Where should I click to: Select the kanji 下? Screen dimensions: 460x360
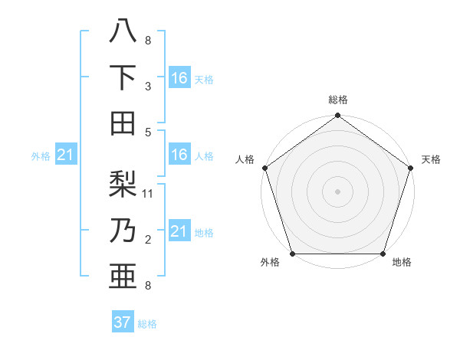123,77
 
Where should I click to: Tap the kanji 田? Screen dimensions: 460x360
123,123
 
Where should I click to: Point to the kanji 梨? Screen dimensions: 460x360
123,185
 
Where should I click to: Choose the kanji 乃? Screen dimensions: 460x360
123,231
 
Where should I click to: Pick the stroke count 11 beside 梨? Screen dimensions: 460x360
148,194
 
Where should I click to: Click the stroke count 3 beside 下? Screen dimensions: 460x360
148,87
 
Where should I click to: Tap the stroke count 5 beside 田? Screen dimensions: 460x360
148,133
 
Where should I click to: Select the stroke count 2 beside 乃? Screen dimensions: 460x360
148,240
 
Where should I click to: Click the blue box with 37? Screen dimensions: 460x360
123,322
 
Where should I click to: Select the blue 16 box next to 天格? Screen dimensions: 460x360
179,77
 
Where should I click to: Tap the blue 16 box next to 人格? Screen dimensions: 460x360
179,155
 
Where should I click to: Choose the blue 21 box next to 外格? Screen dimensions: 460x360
66,155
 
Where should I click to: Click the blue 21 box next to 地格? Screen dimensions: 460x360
179,231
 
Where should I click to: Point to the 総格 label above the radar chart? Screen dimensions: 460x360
337,100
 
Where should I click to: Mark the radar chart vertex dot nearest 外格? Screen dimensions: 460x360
292,254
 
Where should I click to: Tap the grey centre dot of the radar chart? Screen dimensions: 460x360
337,191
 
